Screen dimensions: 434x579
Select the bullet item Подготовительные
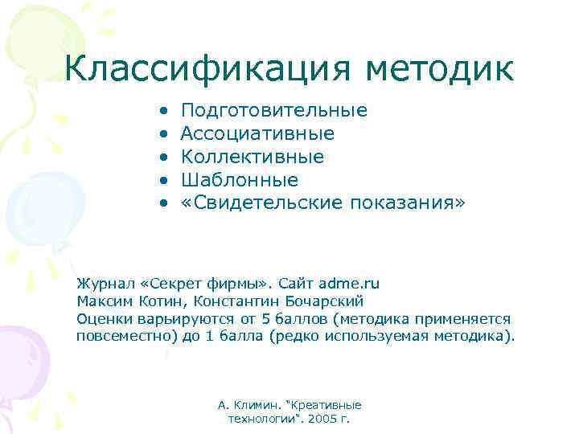coord(273,110)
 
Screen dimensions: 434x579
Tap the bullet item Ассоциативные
coord(257,133)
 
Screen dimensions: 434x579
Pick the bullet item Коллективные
coord(252,157)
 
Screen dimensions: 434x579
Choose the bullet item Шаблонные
coord(239,180)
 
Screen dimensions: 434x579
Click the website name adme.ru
coord(349,284)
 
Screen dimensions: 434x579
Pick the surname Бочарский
coord(324,301)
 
